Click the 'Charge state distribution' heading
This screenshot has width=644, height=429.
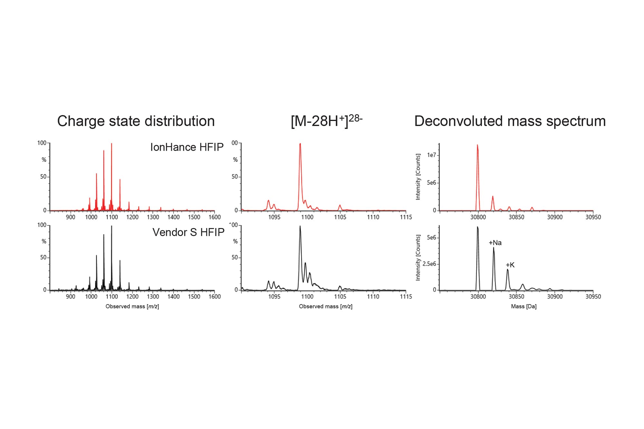[136, 121]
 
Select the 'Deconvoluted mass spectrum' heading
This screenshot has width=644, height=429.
[510, 121]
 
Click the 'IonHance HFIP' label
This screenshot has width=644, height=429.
[187, 147]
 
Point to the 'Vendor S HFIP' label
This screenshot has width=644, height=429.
[188, 232]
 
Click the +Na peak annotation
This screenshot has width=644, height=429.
[495, 243]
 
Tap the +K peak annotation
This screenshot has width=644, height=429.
[510, 265]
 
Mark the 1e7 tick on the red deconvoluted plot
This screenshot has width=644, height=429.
[431, 155]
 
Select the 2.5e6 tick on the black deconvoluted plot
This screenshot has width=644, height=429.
[429, 264]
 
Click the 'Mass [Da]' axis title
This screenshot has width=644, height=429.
[524, 306]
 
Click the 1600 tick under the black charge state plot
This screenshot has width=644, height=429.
[214, 297]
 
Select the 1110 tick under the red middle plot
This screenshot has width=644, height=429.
[373, 217]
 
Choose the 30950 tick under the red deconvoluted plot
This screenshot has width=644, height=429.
[593, 217]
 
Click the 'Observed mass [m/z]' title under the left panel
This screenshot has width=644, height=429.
[132, 306]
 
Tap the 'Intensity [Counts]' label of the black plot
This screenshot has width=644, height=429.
[418, 257]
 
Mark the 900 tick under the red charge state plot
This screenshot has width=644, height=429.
[71, 217]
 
